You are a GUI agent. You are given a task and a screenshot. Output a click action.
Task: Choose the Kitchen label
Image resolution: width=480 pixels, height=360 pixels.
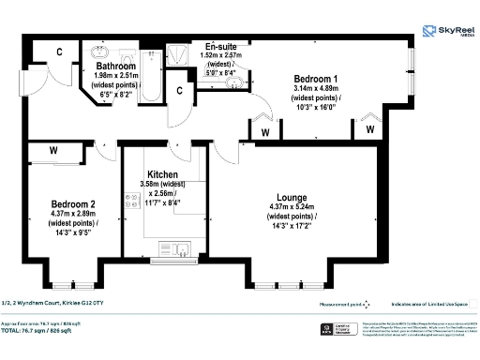(164, 174)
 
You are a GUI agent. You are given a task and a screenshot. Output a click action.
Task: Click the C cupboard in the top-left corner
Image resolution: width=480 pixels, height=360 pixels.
(58, 53)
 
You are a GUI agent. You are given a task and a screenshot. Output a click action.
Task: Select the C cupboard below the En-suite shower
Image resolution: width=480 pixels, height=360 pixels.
(181, 91)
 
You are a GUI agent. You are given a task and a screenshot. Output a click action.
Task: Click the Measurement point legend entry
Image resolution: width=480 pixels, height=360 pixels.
(342, 303)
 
